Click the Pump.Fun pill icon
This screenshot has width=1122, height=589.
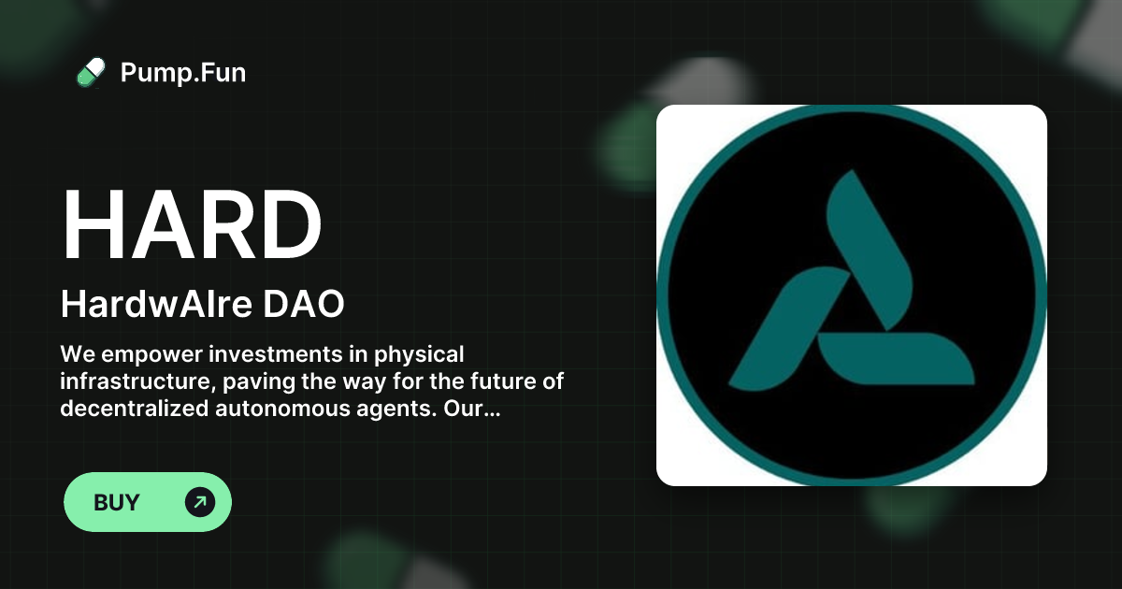(x=91, y=72)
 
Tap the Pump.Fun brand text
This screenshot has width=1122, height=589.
(x=183, y=72)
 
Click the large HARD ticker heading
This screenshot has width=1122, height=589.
(x=192, y=226)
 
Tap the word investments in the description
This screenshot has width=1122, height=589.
(x=288, y=355)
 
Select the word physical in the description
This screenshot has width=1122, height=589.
(x=419, y=355)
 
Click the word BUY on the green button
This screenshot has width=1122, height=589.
(x=117, y=503)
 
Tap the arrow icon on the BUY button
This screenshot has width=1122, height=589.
(x=200, y=503)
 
